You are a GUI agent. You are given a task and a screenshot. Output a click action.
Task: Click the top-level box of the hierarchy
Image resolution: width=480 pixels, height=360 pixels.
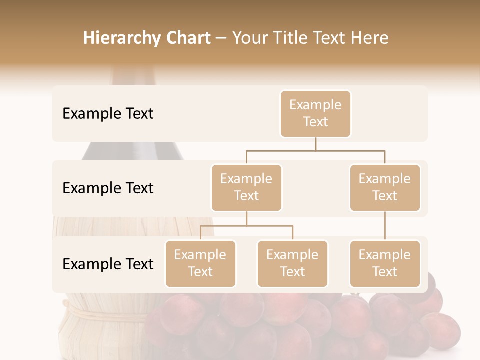point(315,114)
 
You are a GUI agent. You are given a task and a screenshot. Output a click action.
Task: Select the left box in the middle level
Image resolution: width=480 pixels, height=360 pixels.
point(246,187)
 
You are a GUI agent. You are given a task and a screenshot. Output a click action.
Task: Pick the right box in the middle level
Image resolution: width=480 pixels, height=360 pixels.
point(385,187)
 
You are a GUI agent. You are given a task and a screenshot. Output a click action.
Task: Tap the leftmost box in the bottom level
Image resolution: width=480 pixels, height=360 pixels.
point(200,263)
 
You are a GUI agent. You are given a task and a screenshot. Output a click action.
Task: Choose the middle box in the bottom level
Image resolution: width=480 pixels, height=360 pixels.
point(292,263)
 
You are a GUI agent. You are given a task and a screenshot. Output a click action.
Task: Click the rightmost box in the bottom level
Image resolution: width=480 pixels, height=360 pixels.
point(385,263)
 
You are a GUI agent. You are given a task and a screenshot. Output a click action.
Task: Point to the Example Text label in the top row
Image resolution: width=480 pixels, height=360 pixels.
point(108,114)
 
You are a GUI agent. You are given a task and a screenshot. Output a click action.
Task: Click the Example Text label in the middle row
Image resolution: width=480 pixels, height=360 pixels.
point(108,188)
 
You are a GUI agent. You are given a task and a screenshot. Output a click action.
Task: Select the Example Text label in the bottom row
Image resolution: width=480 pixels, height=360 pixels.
point(108,264)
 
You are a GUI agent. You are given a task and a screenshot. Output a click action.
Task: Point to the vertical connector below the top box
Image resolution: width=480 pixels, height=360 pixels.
point(315,144)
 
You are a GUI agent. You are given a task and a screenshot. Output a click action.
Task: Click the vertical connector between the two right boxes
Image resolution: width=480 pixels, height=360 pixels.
point(385,226)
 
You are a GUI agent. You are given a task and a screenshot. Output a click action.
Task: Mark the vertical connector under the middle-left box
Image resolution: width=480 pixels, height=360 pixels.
point(246,218)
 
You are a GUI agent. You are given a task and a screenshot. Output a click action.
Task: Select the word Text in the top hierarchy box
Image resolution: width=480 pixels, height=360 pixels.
point(315,122)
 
